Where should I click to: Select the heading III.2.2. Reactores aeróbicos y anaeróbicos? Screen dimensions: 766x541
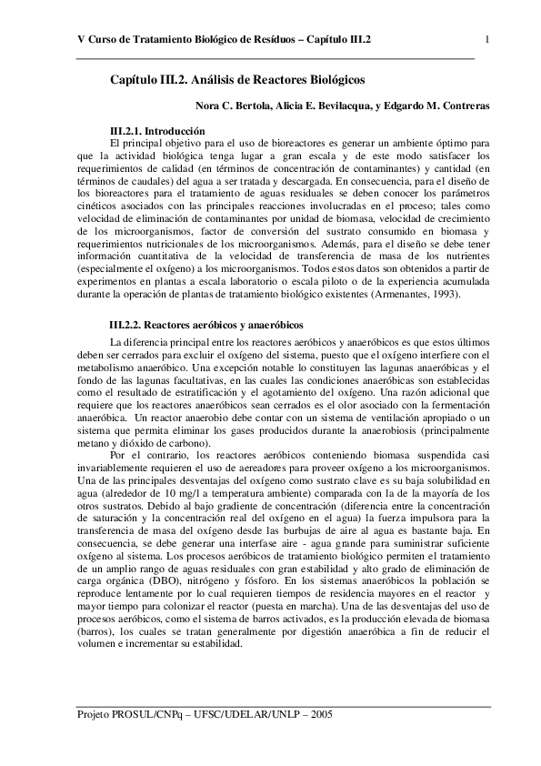(205, 324)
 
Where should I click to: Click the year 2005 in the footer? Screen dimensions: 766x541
(321, 715)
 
